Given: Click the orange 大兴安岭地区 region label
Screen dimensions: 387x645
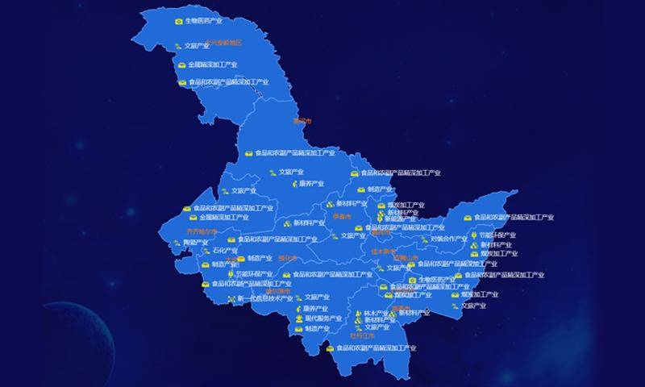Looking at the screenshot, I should click(223, 43).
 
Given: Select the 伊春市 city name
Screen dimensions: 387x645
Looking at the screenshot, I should click(342, 217).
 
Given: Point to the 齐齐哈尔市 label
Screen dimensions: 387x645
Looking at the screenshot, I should click(202, 231).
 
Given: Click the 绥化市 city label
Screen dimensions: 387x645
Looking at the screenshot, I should click(288, 259).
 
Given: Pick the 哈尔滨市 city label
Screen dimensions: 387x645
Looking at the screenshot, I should click(278, 291).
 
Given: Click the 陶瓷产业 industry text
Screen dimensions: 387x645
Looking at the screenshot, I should click(196, 242).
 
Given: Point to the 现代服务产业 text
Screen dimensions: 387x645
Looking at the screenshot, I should click(323, 318).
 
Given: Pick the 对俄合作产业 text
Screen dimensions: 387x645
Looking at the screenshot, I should click(448, 239).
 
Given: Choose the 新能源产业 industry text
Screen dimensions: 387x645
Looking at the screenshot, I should click(401, 218).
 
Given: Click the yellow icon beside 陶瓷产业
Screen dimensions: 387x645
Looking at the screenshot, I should click(177, 242).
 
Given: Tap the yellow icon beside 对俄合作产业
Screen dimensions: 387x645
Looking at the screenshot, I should click(424, 239).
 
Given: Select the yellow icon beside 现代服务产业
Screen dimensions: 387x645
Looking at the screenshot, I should click(299, 318).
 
